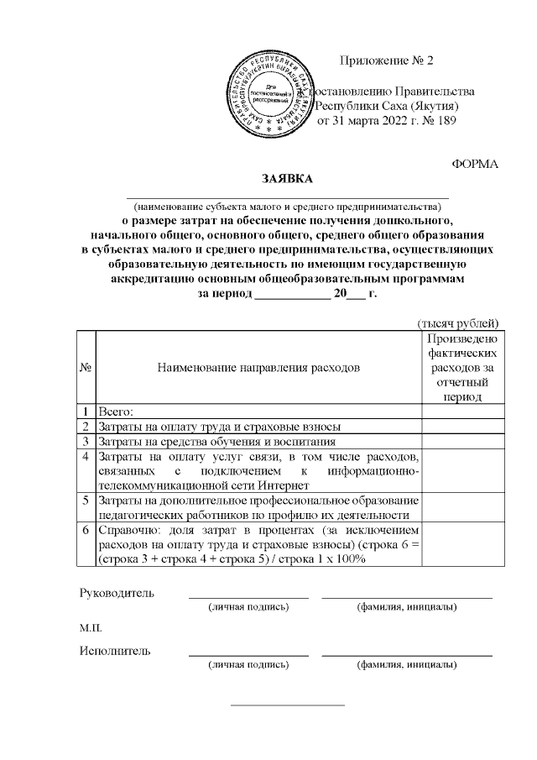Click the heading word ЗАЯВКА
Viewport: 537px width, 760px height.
tap(286, 178)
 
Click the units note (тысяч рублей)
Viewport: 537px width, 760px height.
tap(459, 322)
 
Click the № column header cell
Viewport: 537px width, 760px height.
tap(86, 367)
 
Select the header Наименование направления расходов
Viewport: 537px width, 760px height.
tap(258, 367)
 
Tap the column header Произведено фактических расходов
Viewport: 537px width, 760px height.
tap(461, 367)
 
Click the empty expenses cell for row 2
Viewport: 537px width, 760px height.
tap(461, 427)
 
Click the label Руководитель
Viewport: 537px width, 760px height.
tap(117, 593)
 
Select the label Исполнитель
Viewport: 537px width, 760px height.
tap(115, 651)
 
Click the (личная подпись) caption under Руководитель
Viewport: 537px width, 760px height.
tap(249, 606)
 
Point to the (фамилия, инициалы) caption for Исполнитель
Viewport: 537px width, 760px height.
tap(407, 664)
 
